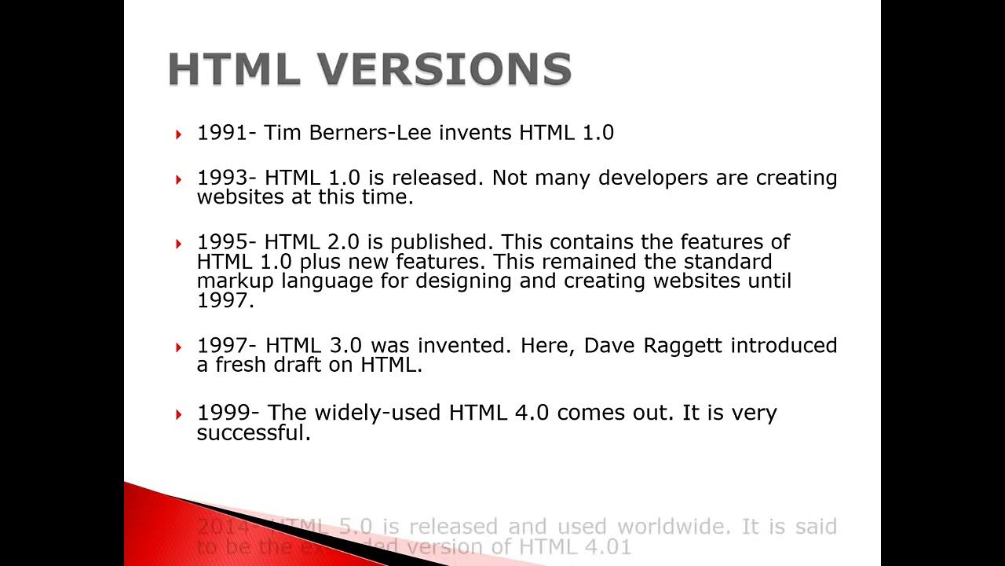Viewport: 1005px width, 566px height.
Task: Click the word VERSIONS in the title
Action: point(444,69)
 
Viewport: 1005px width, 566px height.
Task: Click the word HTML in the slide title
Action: point(234,69)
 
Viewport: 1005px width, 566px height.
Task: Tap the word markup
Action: point(234,281)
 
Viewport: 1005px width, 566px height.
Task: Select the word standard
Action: point(728,261)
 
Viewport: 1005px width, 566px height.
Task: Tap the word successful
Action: point(253,433)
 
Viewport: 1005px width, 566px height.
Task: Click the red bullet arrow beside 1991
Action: point(179,134)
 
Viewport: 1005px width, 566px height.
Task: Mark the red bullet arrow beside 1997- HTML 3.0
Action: point(179,347)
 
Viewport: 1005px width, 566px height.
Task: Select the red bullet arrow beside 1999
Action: point(179,414)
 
